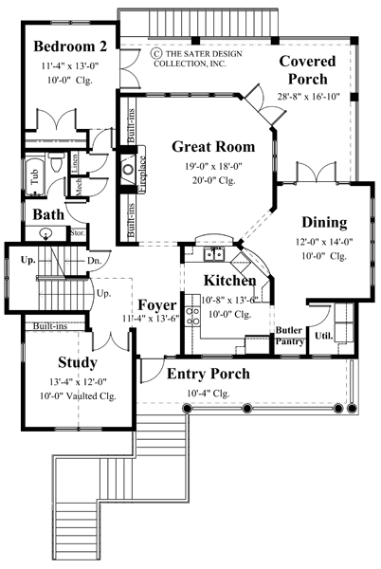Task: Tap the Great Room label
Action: click(213, 146)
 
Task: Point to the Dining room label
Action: click(324, 223)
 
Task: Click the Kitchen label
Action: click(230, 281)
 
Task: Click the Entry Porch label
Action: click(208, 374)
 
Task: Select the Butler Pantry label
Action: click(289, 336)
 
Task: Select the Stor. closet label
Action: click(75, 232)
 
